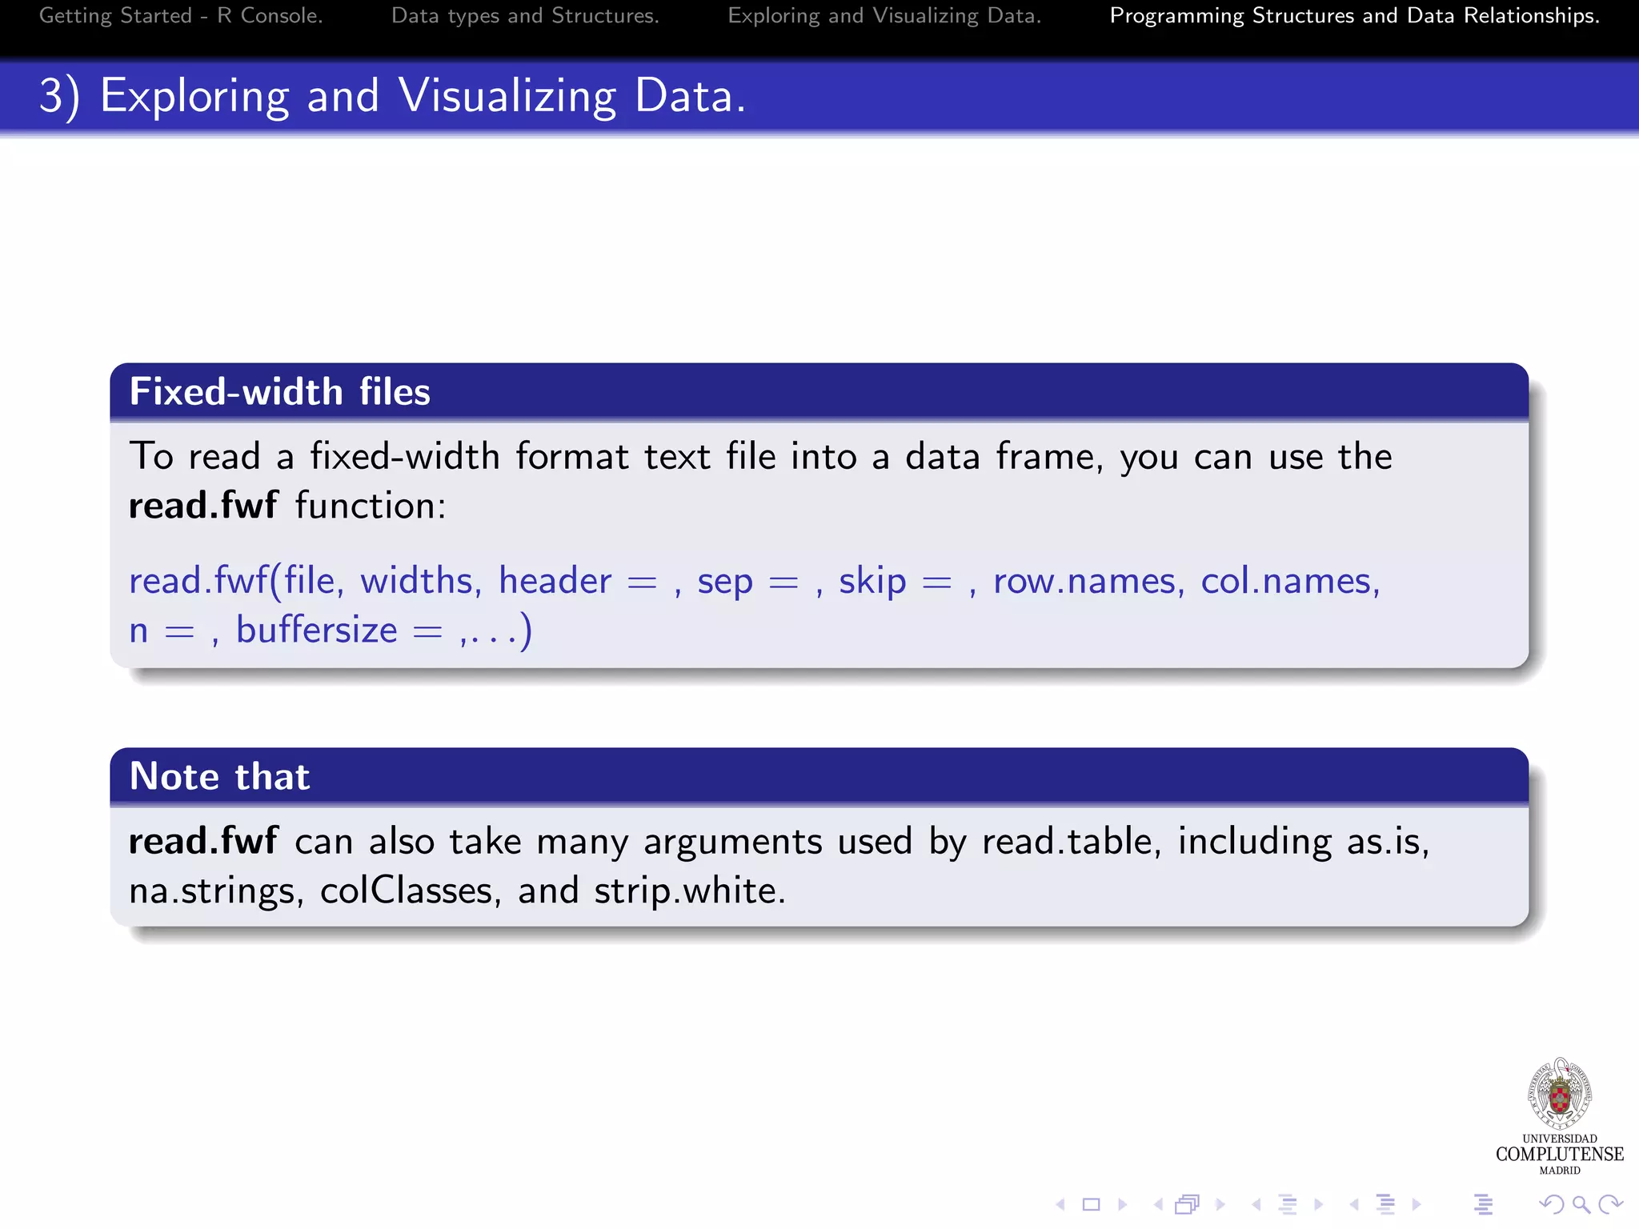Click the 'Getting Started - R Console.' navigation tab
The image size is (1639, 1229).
coord(181,16)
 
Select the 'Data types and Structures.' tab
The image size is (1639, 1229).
coord(525,16)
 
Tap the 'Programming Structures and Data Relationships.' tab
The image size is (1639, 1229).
coord(1354,16)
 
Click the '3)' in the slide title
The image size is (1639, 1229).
coord(59,97)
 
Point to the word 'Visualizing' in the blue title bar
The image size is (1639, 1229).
coord(507,97)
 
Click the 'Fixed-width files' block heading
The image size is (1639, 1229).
coord(279,392)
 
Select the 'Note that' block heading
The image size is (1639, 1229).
coord(219,777)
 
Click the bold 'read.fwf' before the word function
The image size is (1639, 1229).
coord(203,506)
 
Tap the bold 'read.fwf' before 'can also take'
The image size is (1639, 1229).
coord(203,842)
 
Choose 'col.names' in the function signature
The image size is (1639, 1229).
coord(1289,580)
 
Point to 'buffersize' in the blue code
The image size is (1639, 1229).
coord(317,631)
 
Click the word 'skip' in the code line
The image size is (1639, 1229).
coord(872,582)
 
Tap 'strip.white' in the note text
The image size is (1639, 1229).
coord(689,891)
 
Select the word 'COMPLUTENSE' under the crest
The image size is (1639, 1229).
coord(1559,1154)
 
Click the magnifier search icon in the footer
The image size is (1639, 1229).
coord(1581,1204)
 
